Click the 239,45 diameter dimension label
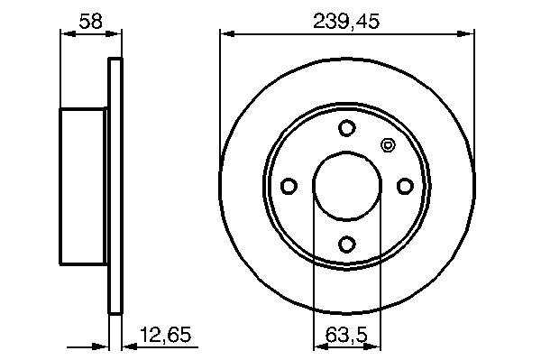point(346,22)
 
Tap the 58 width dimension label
point(91,22)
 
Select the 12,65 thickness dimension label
point(165,335)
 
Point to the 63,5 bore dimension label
point(346,335)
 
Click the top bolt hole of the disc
point(347,128)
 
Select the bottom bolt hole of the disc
point(347,245)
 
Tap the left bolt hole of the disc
point(289,186)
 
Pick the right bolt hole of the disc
point(405,186)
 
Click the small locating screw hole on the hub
point(388,145)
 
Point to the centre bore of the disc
point(347,186)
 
